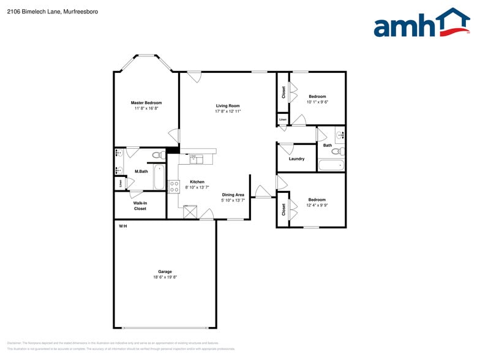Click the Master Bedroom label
[146, 103]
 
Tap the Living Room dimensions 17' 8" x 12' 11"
[228, 111]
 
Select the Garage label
[165, 271]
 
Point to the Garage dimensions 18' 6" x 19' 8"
[165, 277]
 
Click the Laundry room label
[297, 159]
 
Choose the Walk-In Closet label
[140, 206]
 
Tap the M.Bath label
[141, 171]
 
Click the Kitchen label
[197, 182]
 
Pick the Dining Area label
[233, 195]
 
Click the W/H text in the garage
[122, 227]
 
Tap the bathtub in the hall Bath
[331, 165]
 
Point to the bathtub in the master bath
[159, 176]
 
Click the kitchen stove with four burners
[174, 187]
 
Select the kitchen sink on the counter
[196, 159]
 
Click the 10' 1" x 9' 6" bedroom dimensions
[317, 102]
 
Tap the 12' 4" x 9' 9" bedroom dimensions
[317, 206]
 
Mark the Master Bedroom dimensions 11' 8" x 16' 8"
[146, 108]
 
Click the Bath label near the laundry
[328, 145]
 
